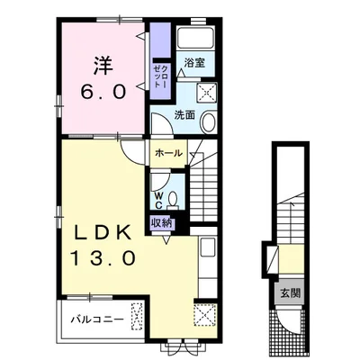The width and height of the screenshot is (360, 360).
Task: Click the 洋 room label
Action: coord(103,66)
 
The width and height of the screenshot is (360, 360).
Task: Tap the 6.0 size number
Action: coord(103,92)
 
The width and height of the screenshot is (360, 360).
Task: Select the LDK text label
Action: coord(103,232)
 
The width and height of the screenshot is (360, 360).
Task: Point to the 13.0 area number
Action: coord(103,258)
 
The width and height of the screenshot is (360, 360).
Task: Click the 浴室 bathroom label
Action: coord(194,63)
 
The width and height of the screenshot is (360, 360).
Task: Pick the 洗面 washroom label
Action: coord(184,115)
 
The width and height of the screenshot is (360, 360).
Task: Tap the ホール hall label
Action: coord(168,153)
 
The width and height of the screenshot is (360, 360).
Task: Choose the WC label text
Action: coord(158,201)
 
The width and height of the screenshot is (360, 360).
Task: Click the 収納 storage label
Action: coord(163,223)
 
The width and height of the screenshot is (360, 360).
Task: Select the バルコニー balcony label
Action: coord(97,319)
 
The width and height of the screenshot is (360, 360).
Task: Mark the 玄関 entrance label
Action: coord(291,292)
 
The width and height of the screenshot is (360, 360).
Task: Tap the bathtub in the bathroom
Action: coord(196,38)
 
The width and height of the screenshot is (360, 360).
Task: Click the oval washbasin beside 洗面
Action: coord(208,121)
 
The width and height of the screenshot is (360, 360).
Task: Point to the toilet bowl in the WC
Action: coord(173,200)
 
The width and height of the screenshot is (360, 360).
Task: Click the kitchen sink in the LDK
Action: coord(207,247)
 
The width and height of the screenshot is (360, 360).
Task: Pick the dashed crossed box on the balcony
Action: coord(137,317)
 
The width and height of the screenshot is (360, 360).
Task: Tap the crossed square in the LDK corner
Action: coord(205,315)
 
